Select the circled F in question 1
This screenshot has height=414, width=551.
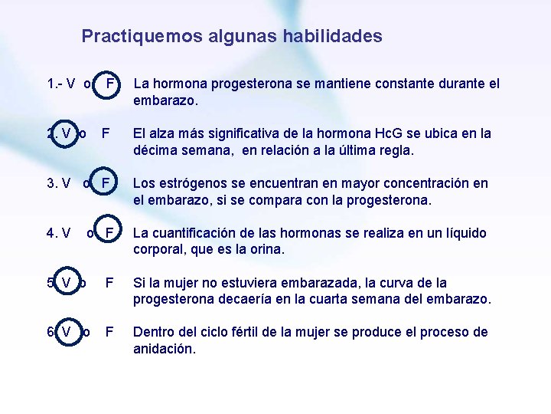110,84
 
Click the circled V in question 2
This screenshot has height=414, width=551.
66,133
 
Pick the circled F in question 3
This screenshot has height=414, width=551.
108,184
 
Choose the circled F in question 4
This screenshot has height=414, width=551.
110,233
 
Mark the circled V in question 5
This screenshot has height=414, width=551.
66,283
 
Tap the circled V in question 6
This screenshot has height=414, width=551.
66,332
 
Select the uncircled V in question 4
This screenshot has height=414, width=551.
66,233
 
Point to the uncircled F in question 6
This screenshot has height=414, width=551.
109,332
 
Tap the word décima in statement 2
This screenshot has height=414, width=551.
156,150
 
